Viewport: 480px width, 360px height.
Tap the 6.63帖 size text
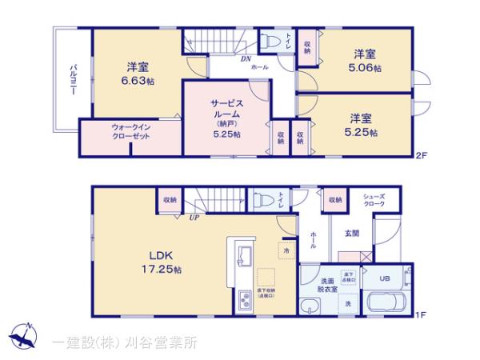pyautogui.click(x=138, y=81)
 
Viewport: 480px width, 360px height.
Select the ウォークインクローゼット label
pyautogui.click(x=120, y=131)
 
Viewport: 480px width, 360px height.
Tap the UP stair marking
pyautogui.click(x=194, y=217)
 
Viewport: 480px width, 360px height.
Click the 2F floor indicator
pyautogui.click(x=421, y=157)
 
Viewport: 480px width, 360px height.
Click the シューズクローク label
pyautogui.click(x=375, y=201)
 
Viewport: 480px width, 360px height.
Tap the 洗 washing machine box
pyautogui.click(x=348, y=303)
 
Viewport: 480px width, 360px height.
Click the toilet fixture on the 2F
pyautogui.click(x=269, y=38)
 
